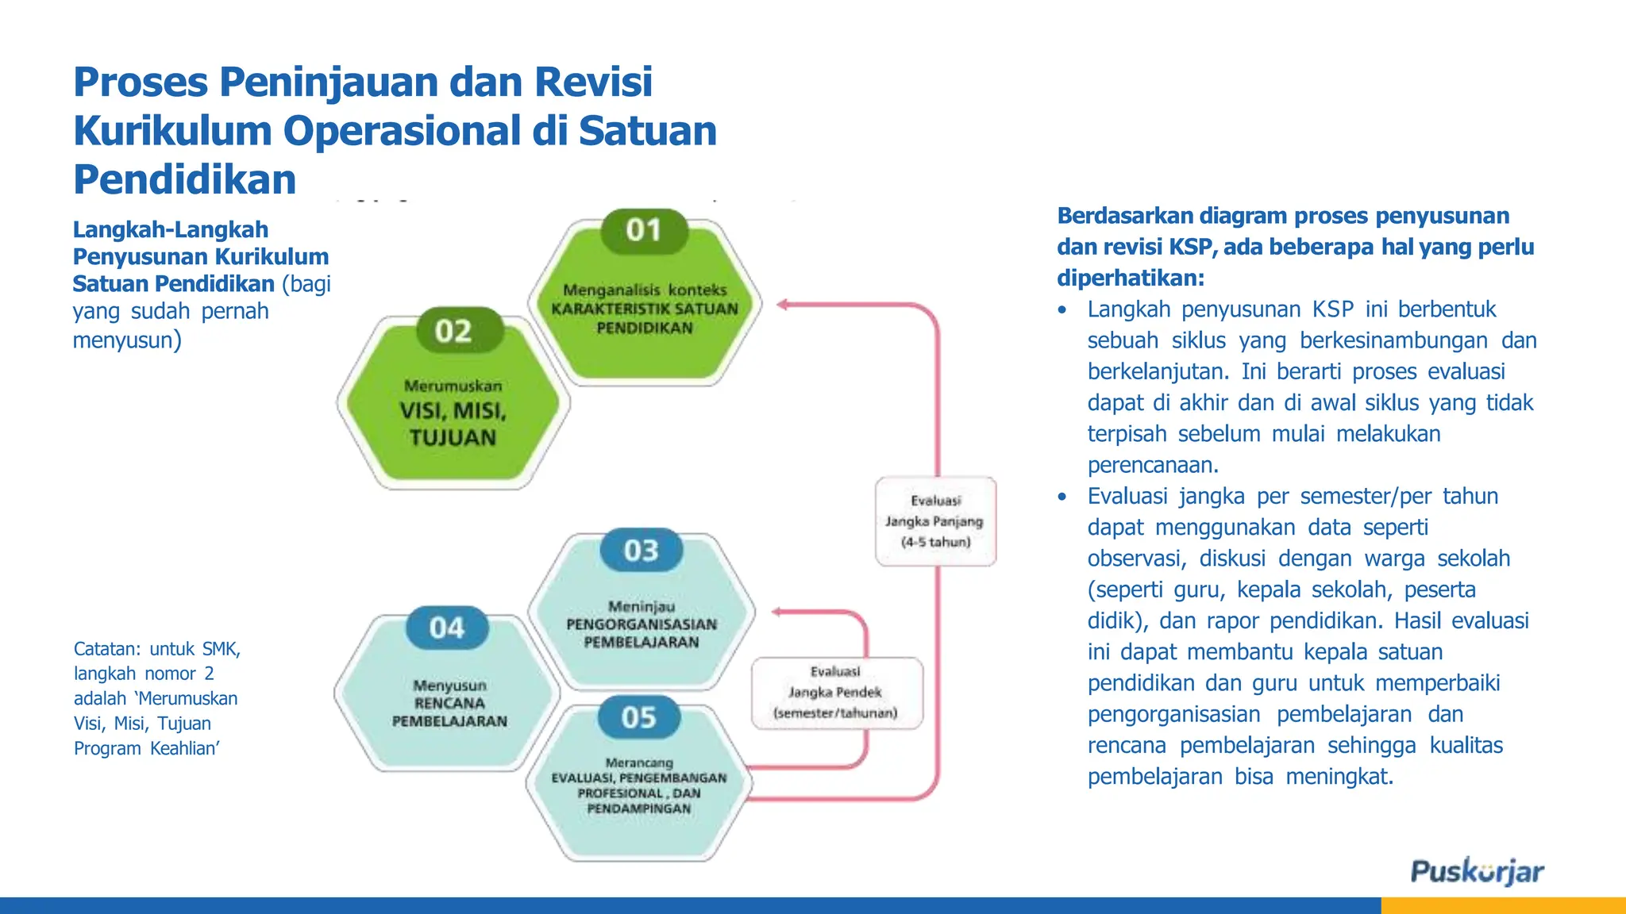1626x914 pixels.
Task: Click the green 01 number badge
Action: tap(644, 231)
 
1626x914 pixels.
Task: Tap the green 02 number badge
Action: tap(453, 332)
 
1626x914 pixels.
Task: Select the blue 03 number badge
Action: tap(641, 551)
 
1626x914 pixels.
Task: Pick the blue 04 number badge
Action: tap(447, 628)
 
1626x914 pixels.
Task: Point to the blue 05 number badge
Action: tap(639, 718)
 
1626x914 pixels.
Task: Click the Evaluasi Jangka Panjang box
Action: tap(935, 521)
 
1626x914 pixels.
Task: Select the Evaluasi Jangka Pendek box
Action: tap(836, 693)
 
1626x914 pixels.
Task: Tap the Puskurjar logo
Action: tap(1477, 871)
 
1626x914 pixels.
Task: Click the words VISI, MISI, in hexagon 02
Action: tap(453, 411)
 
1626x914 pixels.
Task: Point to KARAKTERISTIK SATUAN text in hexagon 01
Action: tap(645, 309)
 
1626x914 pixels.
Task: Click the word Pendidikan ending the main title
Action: tap(185, 180)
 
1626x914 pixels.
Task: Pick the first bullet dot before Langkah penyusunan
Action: tap(1062, 310)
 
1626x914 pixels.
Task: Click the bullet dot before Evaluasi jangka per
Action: tap(1062, 497)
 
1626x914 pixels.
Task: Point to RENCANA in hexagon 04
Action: tap(449, 704)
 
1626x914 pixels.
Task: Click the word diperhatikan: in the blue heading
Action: tap(1131, 278)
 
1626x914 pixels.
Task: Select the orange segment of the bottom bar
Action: tap(1503, 905)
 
